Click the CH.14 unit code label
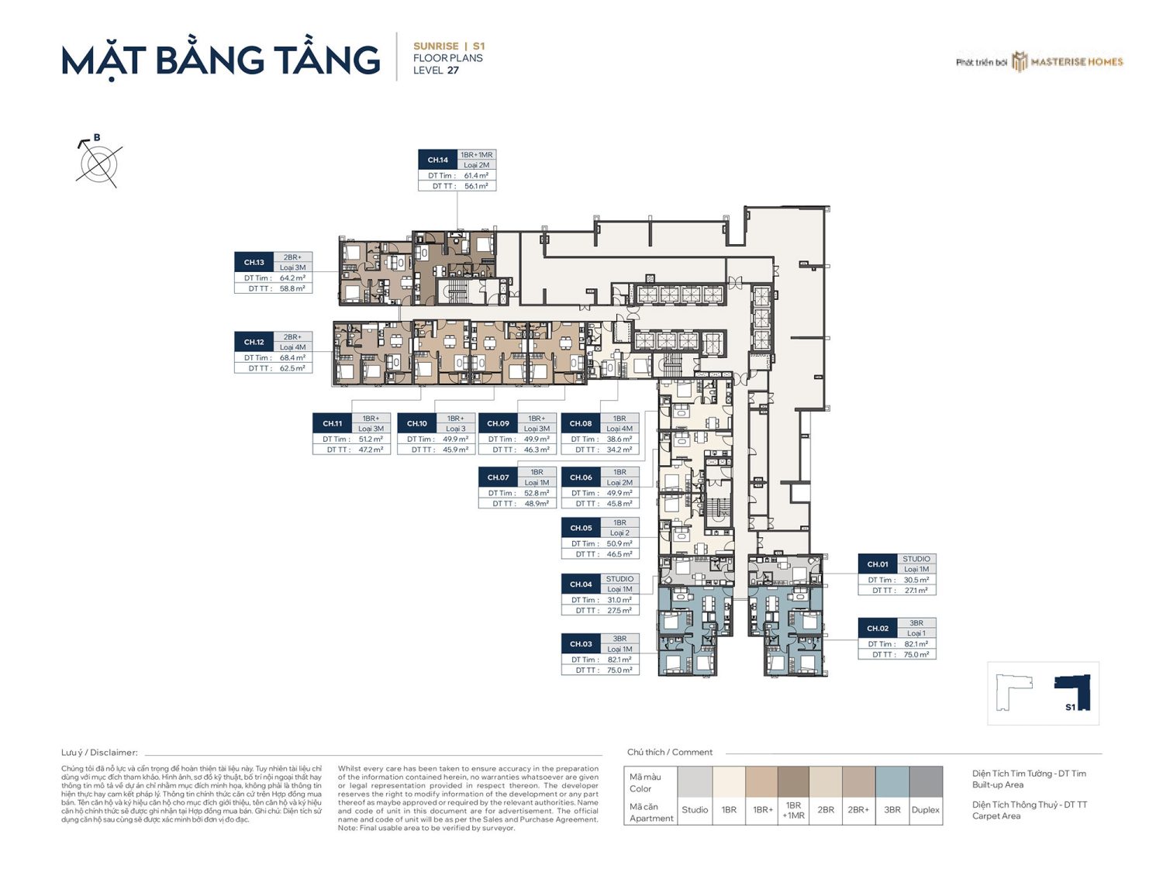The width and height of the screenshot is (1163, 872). click(438, 160)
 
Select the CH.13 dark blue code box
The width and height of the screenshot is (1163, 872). click(254, 262)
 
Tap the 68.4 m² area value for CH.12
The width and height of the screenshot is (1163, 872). click(292, 358)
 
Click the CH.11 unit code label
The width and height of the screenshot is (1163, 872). click(333, 423)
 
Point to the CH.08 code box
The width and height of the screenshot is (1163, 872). click(581, 423)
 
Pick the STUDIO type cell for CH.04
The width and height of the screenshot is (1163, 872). click(619, 579)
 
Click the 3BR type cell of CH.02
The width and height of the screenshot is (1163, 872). click(916, 623)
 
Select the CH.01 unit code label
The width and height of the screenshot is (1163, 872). click(878, 564)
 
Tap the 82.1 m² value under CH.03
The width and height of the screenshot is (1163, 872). click(619, 660)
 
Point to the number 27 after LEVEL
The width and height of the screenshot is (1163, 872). click(453, 71)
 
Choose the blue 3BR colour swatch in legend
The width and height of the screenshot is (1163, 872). click(892, 782)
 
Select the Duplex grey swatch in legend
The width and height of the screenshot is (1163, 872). click(926, 782)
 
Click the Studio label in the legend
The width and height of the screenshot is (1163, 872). click(695, 810)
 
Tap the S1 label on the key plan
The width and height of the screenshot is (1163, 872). click(1070, 707)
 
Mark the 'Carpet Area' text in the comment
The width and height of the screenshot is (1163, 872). click(996, 816)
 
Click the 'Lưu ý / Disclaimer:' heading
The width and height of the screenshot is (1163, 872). click(99, 753)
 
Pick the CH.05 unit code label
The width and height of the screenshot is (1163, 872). click(581, 528)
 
